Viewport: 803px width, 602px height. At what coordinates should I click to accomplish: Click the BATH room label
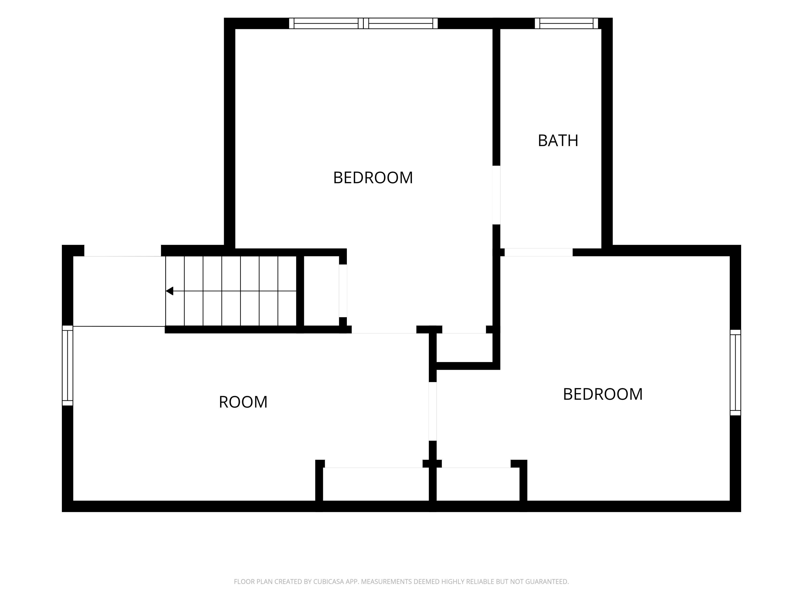coord(558,141)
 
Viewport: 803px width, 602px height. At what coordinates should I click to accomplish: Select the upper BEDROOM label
coord(373,178)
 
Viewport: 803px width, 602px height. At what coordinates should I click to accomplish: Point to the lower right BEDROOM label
coord(603,394)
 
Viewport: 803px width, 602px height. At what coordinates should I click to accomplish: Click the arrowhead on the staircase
coord(169,291)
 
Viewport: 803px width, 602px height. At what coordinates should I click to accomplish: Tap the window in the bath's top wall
coord(566,23)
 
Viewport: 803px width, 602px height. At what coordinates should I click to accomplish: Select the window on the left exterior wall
coord(67,365)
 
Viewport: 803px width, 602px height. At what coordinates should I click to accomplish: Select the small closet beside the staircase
coord(321,291)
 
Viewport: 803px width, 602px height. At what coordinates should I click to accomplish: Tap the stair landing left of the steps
coord(119,291)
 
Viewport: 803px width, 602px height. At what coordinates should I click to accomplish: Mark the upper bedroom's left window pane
coord(326,23)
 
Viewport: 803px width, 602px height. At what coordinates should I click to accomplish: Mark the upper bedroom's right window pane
coord(401,23)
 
